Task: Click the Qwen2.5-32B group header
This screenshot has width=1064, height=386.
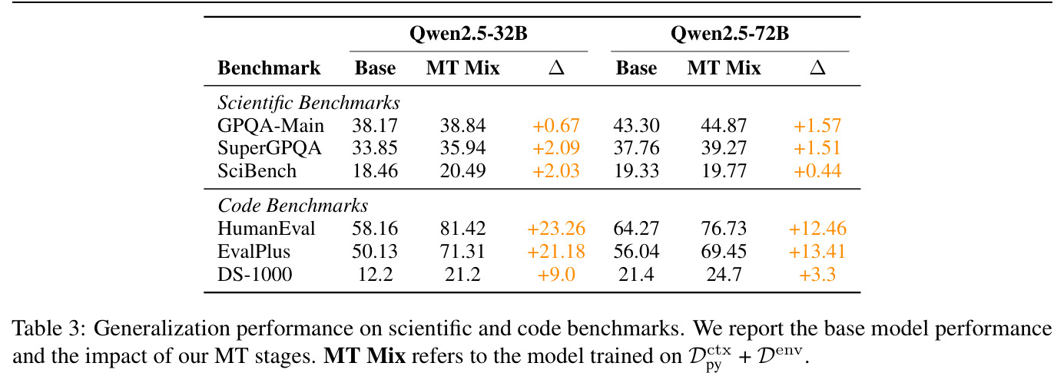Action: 469,34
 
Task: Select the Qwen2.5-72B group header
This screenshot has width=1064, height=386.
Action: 730,34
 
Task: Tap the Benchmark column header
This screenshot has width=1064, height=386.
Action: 269,68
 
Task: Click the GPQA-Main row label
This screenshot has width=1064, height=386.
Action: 270,126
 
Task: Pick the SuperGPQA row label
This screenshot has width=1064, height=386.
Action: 270,148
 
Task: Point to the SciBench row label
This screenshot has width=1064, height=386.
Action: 257,170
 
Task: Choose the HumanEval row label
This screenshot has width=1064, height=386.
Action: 266,229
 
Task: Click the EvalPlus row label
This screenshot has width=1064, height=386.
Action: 254,252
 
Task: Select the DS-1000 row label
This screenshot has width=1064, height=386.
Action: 254,274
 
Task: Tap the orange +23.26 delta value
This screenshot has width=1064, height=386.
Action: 556,229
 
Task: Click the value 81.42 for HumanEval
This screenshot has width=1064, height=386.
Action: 462,229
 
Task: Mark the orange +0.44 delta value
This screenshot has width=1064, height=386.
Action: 817,170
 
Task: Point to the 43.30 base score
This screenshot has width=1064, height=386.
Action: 636,126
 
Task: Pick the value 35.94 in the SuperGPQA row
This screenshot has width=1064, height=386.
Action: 462,148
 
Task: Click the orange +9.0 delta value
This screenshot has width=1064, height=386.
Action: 556,274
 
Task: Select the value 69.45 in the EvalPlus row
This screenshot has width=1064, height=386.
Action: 724,252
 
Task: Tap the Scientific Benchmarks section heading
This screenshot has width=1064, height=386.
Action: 309,103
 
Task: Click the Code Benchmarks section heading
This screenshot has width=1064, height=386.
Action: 293,206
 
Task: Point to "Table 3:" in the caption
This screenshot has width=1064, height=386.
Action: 49,328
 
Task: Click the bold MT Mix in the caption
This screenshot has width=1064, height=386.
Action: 364,355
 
